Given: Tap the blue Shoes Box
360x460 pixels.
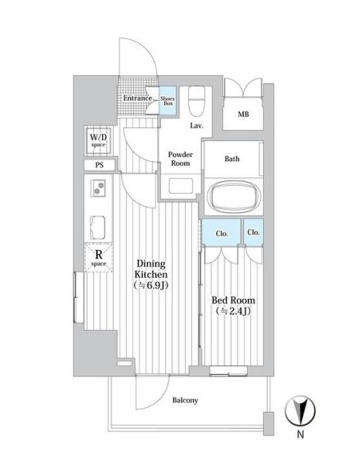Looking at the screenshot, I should coord(167,101).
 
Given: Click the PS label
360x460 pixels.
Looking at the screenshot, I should coord(100,165).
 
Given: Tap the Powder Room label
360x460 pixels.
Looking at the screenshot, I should coord(180,159).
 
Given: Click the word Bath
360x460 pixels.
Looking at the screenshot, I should coord(231,159).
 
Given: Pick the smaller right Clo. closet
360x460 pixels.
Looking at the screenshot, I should coord(253,232).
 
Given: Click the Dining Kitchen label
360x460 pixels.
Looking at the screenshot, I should coord(152,269).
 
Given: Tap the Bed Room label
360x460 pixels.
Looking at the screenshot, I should coord(234,300).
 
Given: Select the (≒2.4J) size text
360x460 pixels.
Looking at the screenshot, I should coord(234,312).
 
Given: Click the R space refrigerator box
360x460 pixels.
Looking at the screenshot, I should coord(98,257).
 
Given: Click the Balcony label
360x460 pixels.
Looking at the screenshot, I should coord(185,400).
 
